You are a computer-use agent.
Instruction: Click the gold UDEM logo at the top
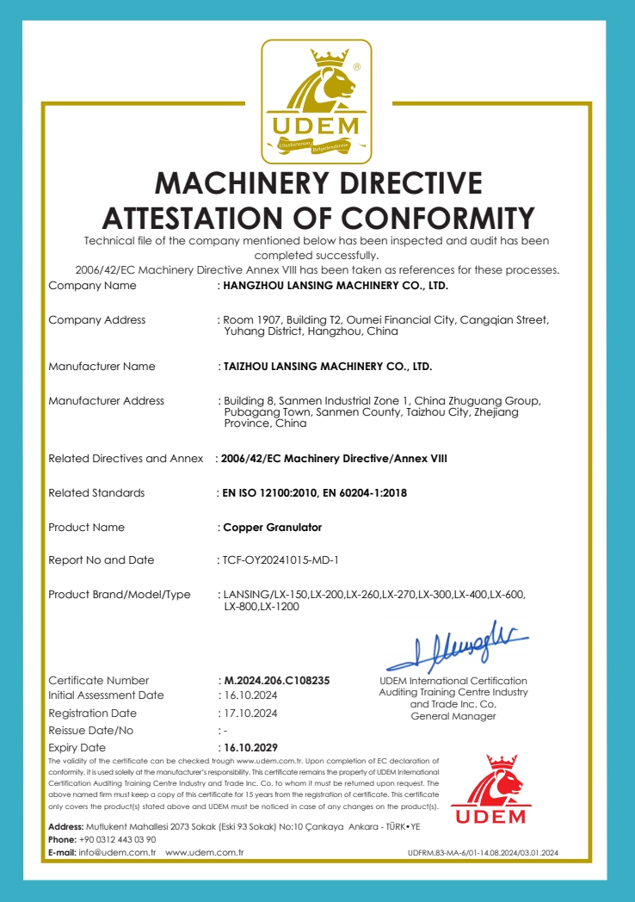coord(317,102)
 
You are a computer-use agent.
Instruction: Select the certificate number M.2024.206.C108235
coord(276,680)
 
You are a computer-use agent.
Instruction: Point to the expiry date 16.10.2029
coord(250,747)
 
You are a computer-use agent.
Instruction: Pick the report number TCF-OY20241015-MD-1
coord(281,560)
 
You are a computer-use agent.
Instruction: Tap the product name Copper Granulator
coord(273,527)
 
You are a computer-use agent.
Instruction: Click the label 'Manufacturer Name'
coord(102,366)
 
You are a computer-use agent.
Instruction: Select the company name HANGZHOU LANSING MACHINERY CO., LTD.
coord(336,285)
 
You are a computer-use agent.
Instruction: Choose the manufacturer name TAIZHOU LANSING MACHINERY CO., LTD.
coord(328,366)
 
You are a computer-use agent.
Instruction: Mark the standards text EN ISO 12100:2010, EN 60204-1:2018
coord(314,493)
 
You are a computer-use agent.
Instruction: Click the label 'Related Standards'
coord(96,493)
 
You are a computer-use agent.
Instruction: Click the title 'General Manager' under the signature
coord(453,716)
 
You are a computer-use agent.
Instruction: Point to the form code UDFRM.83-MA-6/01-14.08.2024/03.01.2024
coord(483,853)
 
